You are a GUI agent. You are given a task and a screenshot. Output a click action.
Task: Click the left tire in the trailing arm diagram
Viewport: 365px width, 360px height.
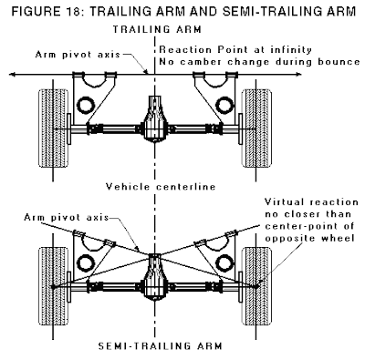(53, 128)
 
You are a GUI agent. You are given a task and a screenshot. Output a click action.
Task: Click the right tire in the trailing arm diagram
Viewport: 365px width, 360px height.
(256, 128)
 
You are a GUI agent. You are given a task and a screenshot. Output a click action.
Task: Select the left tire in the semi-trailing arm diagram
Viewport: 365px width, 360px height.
(53, 286)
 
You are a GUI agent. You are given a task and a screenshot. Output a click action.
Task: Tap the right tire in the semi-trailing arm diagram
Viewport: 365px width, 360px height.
(256, 286)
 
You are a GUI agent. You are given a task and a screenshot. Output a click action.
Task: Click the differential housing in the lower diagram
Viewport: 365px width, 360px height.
(155, 277)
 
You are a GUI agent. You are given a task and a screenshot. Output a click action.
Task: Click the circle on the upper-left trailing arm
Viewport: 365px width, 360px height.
(86, 105)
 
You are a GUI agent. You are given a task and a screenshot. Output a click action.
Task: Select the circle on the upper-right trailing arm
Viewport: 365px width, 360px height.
(224, 105)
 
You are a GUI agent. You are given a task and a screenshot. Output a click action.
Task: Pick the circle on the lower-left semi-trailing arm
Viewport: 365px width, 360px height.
(86, 262)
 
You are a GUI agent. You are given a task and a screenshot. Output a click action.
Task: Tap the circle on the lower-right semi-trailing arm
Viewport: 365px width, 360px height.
(224, 262)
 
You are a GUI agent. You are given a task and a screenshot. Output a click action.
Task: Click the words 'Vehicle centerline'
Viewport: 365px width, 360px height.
(161, 186)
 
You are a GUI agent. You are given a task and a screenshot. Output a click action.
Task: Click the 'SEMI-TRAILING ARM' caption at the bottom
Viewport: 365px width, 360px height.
(161, 346)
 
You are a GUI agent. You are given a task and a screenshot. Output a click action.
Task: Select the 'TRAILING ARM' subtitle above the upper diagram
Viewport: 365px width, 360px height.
(157, 29)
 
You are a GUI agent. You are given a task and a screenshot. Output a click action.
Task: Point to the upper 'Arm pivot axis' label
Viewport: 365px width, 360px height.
(78, 55)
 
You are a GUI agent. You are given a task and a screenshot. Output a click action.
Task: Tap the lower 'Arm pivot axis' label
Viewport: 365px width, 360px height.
(67, 217)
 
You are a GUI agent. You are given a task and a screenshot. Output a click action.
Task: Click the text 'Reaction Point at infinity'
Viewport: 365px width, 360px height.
(235, 49)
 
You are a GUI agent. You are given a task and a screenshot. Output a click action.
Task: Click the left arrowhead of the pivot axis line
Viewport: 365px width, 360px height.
(12, 74)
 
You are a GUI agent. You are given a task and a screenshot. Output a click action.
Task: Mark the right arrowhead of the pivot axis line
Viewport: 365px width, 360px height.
(299, 74)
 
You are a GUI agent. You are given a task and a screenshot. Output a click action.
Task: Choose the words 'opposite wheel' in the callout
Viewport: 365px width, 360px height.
(310, 238)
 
